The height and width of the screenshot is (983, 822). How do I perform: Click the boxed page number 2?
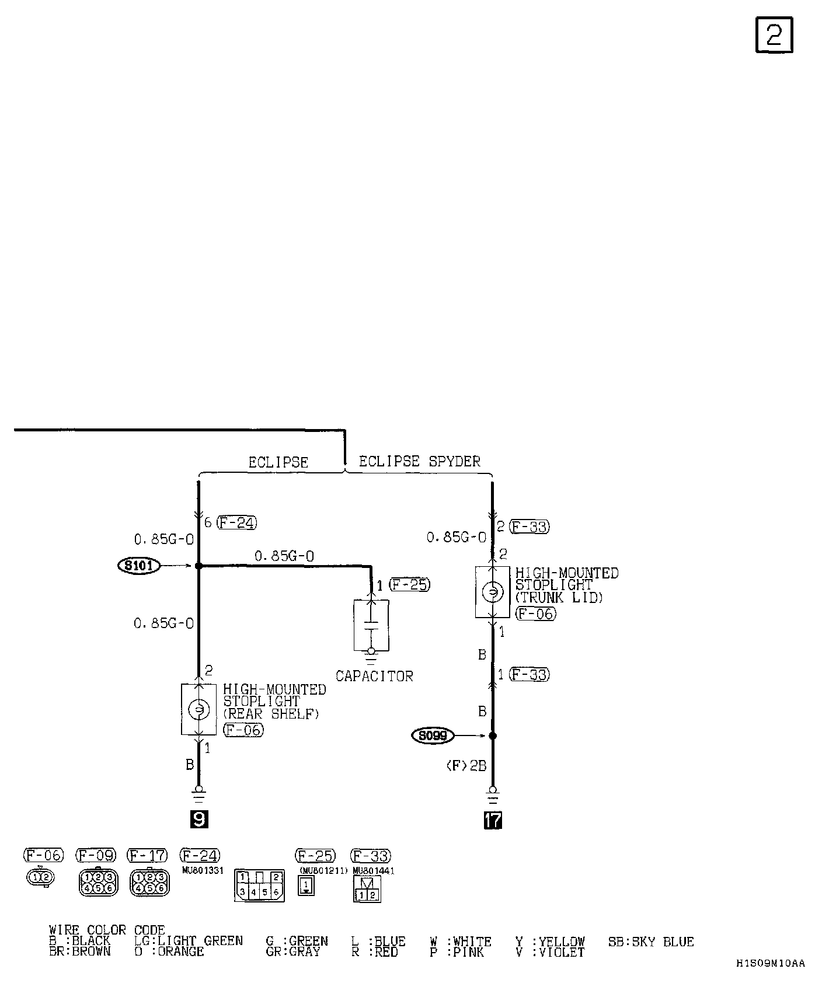pyautogui.click(x=774, y=35)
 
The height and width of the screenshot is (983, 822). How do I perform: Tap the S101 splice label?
pyautogui.click(x=139, y=565)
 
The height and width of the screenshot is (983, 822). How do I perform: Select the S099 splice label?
pyautogui.click(x=433, y=736)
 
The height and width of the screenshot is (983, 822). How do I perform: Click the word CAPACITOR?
pyautogui.click(x=374, y=676)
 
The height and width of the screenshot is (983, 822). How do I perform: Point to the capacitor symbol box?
pyautogui.click(x=371, y=625)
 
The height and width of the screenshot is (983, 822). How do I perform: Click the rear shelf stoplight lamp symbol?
pyautogui.click(x=198, y=709)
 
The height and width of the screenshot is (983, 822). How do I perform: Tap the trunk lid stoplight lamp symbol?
pyautogui.click(x=492, y=592)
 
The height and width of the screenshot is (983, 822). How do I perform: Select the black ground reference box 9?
pyautogui.click(x=198, y=820)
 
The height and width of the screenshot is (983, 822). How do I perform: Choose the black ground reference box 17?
pyautogui.click(x=493, y=820)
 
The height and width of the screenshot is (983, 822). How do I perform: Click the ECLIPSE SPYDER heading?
pyautogui.click(x=419, y=461)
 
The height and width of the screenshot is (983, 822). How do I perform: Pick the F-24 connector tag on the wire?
pyautogui.click(x=236, y=522)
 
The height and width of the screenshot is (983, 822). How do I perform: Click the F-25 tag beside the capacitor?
pyautogui.click(x=409, y=584)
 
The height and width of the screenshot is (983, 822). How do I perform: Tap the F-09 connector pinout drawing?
pyautogui.click(x=97, y=883)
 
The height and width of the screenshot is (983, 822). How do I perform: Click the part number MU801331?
pyautogui.click(x=203, y=870)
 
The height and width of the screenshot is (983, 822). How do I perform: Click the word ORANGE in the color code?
pyautogui.click(x=181, y=951)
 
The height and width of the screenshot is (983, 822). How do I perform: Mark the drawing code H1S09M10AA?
pyautogui.click(x=770, y=964)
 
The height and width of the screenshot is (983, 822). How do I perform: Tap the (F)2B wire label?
pyautogui.click(x=466, y=766)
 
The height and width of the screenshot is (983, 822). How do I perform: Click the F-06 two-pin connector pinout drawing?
pyautogui.click(x=40, y=877)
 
